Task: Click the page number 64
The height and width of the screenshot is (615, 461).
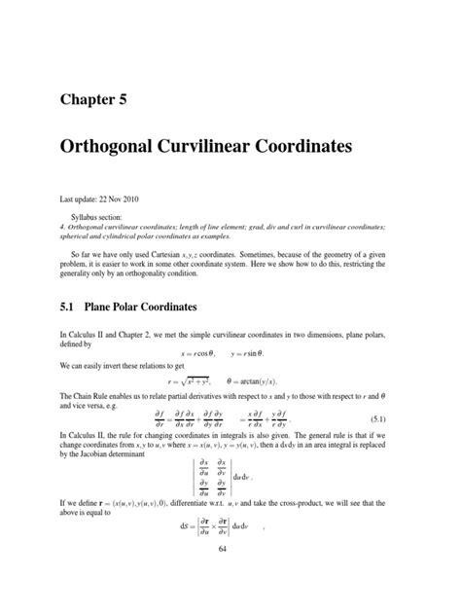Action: coord(230,602)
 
